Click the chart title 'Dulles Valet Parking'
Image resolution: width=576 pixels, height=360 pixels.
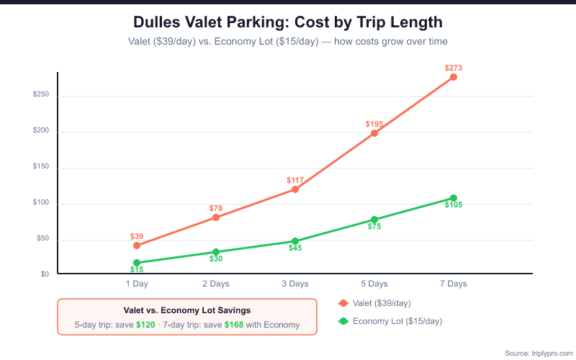[x=287, y=22]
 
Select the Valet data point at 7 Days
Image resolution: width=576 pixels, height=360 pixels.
[x=454, y=77]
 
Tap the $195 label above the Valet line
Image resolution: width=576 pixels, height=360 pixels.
[x=374, y=124]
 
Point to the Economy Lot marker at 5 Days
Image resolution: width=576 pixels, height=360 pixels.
[x=374, y=220]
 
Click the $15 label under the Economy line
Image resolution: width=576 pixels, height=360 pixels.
[x=137, y=269]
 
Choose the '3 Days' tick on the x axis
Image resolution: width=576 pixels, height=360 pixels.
[x=295, y=284]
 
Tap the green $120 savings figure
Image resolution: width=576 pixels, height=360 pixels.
[x=145, y=325]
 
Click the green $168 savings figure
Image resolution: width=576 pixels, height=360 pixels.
[x=234, y=325]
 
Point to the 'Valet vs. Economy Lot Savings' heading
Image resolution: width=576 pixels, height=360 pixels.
[x=187, y=310]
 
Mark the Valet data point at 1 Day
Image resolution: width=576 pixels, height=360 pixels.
[x=137, y=246]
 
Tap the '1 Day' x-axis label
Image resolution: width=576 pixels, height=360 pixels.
[x=137, y=284]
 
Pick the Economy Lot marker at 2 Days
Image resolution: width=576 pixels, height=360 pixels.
[x=216, y=252]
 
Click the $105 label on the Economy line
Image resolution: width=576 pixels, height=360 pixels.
[x=454, y=205]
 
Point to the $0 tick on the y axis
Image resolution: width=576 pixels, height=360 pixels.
[x=45, y=274]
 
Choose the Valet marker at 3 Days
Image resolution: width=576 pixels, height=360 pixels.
[x=295, y=189]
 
